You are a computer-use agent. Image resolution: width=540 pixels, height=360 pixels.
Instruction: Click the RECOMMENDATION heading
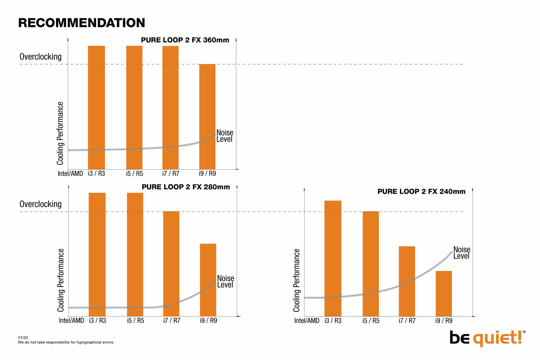click(x=82, y=23)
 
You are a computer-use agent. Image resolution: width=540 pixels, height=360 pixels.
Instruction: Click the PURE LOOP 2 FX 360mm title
click(x=185, y=41)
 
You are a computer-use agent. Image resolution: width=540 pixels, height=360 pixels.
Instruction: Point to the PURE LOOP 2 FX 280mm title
click(x=186, y=187)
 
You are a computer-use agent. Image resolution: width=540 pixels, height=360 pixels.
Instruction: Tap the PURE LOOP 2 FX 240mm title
click(x=421, y=192)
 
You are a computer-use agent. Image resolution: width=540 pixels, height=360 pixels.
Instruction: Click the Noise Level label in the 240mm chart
click(x=462, y=253)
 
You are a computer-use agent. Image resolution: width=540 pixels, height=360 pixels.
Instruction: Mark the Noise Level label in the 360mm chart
click(x=224, y=136)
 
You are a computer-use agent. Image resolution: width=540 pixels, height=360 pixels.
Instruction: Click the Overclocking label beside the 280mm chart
click(x=40, y=204)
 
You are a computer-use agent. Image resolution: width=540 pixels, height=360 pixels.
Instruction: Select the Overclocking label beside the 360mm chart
click(x=40, y=57)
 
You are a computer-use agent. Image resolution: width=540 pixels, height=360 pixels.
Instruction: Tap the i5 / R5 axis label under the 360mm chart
click(x=135, y=173)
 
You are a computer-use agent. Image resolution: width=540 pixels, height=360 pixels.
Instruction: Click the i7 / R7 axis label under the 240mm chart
click(x=407, y=321)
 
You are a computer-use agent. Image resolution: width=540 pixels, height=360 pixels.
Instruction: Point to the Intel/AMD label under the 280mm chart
click(x=71, y=320)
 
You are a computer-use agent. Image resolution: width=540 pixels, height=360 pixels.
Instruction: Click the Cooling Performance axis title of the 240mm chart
click(x=297, y=280)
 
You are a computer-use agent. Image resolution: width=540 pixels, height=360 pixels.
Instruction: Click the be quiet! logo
click(x=487, y=338)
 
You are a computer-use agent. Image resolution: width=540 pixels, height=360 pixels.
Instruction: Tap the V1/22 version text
click(x=23, y=338)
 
